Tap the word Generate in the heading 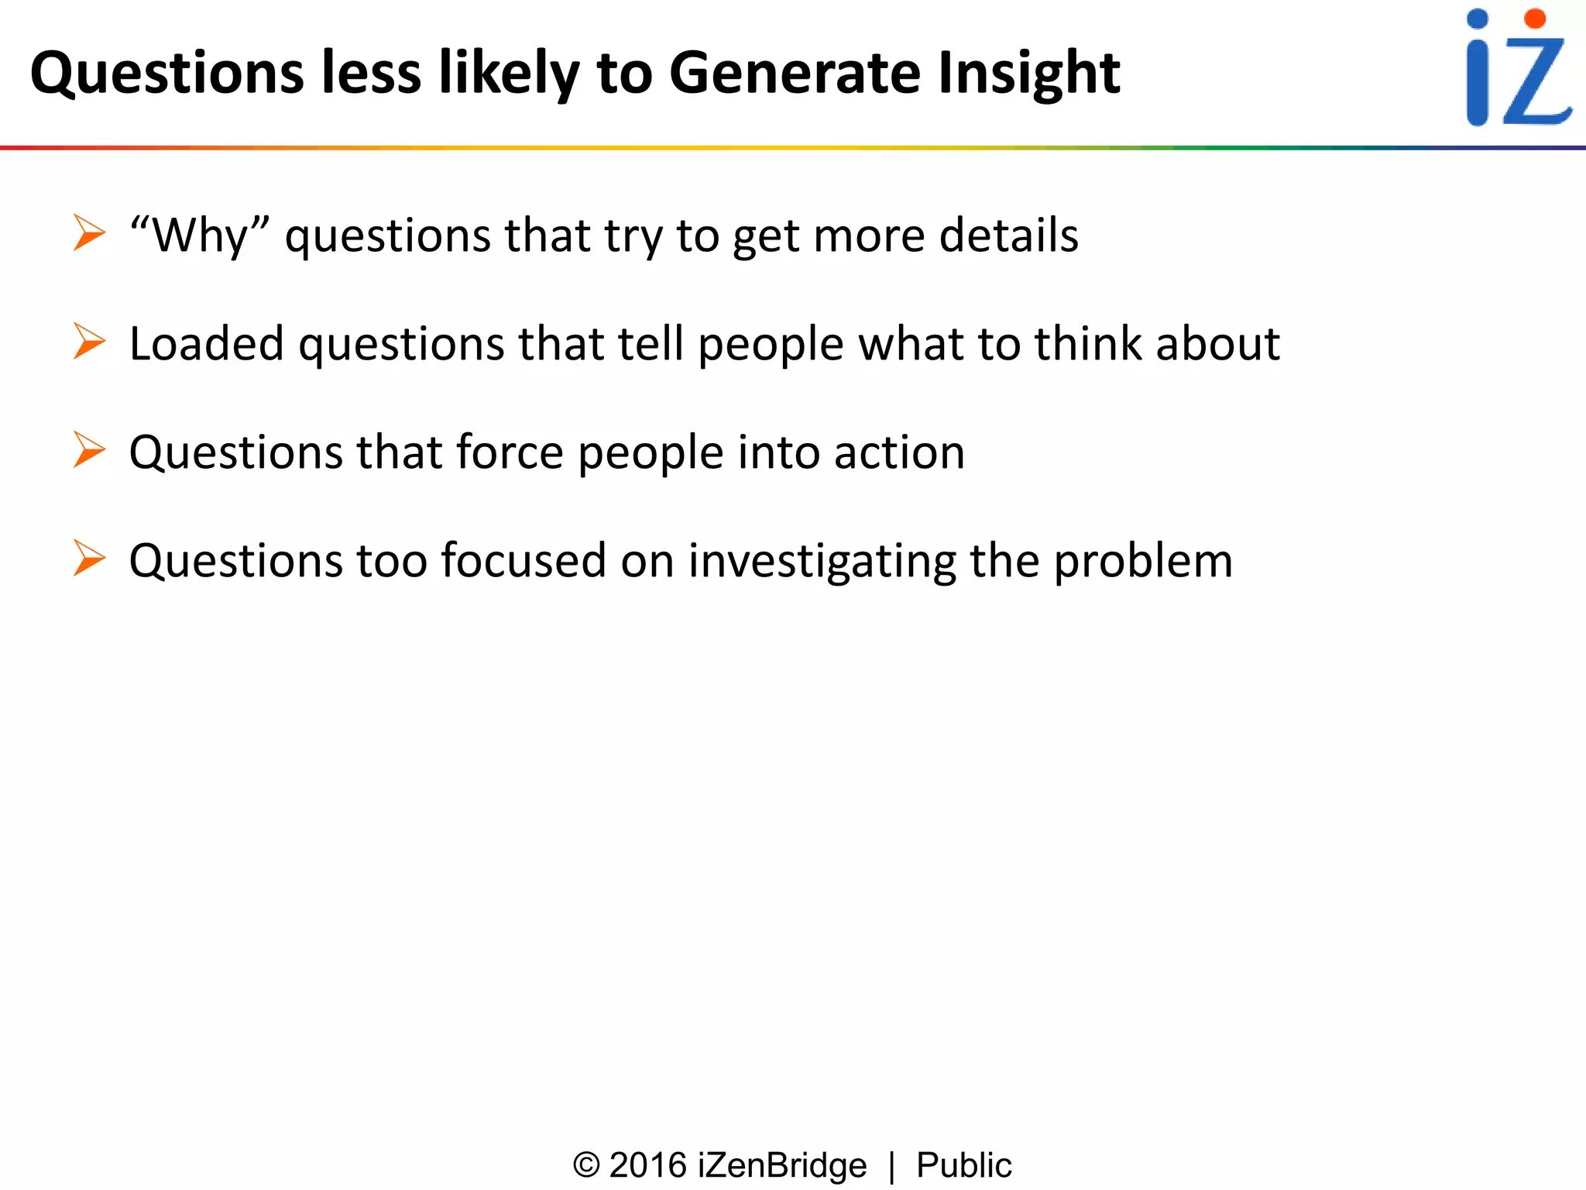pos(795,73)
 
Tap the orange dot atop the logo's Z pos(1534,19)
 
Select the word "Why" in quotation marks pos(200,235)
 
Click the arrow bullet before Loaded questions pos(89,342)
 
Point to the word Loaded pos(206,343)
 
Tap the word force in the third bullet pos(510,452)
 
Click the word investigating pos(822,562)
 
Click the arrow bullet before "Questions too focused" pos(89,558)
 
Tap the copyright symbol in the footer pos(586,1165)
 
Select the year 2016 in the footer pos(648,1165)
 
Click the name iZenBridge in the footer pos(782,1165)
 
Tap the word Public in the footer pos(963,1165)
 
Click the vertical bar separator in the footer pos(892,1167)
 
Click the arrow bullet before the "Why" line pos(89,233)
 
